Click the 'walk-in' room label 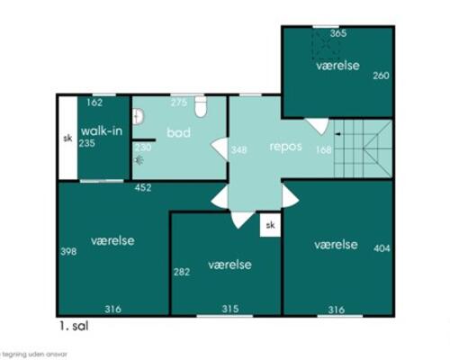pos(102,131)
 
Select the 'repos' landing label pos(285,146)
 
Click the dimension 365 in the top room pos(337,33)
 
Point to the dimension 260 pos(381,76)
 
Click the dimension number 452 pos(143,188)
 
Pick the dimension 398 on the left pos(67,251)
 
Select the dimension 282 pos(181,271)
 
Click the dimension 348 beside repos pos(238,149)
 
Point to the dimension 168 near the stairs pos(323,149)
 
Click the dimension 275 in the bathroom pos(178,103)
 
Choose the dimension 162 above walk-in pos(94,103)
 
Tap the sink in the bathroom pos(139,117)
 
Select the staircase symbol pos(363,148)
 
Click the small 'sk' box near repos pos(269,226)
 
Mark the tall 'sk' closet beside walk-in pos(67,139)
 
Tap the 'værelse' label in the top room pos(337,67)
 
